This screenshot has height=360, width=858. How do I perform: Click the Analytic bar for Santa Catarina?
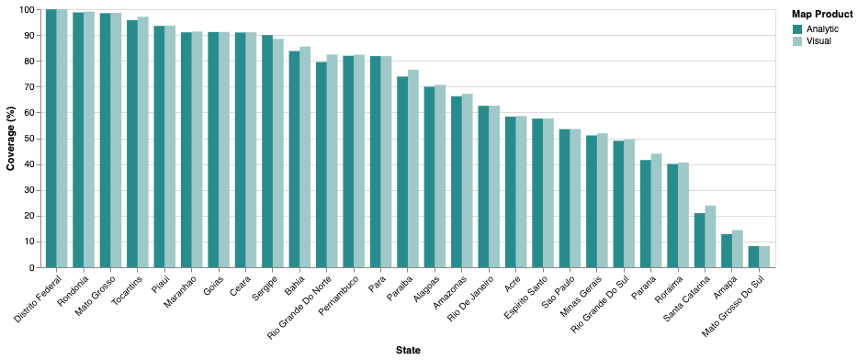pos(699,240)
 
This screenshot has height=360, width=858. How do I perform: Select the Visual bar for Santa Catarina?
pos(710,236)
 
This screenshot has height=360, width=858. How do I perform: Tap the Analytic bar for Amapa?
pos(727,251)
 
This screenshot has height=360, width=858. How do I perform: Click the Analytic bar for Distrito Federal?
pos(51,138)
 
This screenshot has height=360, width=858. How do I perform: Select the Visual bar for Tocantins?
pos(143,141)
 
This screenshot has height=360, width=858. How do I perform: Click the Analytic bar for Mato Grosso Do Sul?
pos(753,256)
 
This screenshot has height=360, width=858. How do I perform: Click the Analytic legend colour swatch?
pos(797,29)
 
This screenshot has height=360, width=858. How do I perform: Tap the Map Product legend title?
pos(822,14)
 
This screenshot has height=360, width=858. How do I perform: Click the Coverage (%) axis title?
pos(11,139)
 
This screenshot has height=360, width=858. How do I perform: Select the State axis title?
pos(408,350)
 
